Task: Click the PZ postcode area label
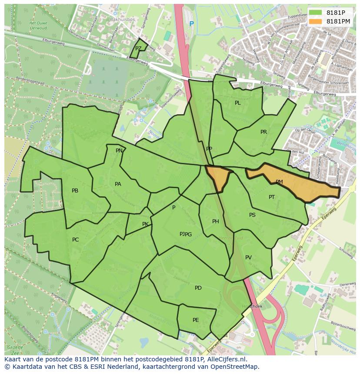click(138, 49)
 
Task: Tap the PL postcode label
click(237, 103)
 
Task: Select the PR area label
click(263, 132)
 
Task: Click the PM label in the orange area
click(279, 182)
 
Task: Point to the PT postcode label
click(272, 197)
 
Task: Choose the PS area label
click(252, 215)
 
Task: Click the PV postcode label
click(248, 258)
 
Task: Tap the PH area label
click(215, 222)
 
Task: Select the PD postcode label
click(198, 288)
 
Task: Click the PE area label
click(196, 320)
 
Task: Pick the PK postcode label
click(145, 224)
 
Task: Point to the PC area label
click(76, 240)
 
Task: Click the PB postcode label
click(75, 191)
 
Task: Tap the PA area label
click(118, 184)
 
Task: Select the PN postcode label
click(119, 151)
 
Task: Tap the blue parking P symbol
click(192, 23)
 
